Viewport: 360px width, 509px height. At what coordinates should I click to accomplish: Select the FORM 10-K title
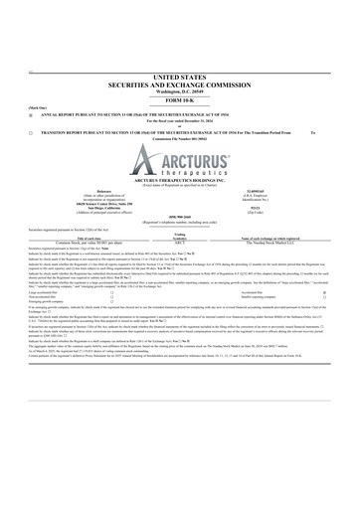(180, 102)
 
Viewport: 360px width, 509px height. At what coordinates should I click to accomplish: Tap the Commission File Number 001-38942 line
(180, 138)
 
